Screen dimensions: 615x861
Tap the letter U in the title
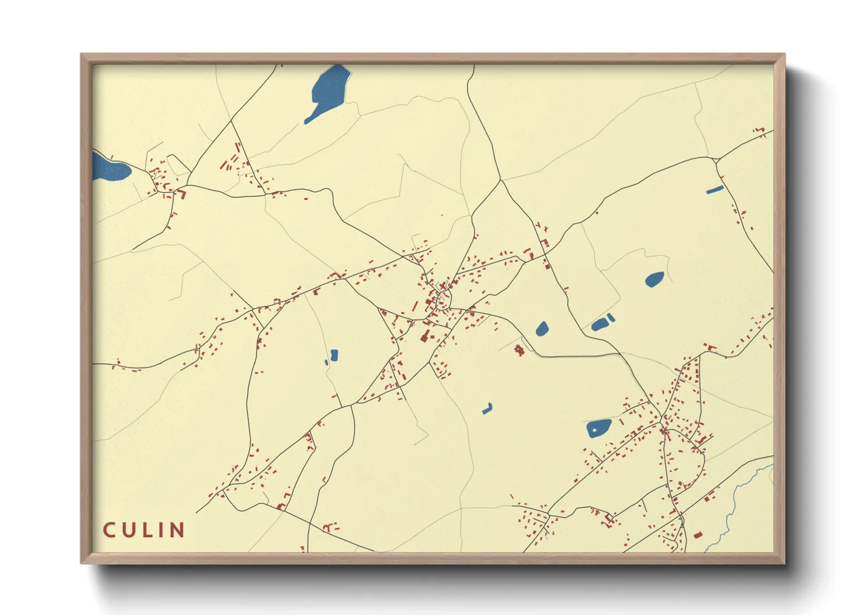coord(130,530)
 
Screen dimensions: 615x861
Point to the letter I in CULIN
coord(163,530)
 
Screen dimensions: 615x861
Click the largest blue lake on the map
coord(329,90)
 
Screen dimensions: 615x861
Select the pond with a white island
coord(599,428)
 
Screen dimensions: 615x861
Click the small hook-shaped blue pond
coord(488,409)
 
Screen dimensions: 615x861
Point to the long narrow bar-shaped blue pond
coord(714,189)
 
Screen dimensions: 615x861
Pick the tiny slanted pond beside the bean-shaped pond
coord(610,317)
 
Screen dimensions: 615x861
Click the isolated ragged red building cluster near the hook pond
coord(518,349)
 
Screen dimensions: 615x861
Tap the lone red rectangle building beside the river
coord(698,535)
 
